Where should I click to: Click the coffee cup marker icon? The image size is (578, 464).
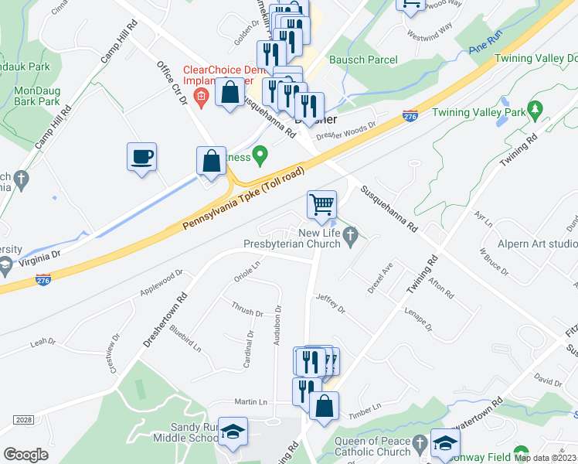pyautogui.click(x=142, y=157)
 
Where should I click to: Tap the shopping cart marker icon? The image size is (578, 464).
pyautogui.click(x=321, y=205)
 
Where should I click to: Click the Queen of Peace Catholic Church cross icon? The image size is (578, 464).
pyautogui.click(x=420, y=442)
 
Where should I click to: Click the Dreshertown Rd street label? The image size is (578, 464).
pyautogui.click(x=165, y=319)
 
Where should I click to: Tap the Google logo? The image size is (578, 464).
pyautogui.click(x=25, y=455)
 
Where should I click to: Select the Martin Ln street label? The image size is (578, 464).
pyautogui.click(x=250, y=402)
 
